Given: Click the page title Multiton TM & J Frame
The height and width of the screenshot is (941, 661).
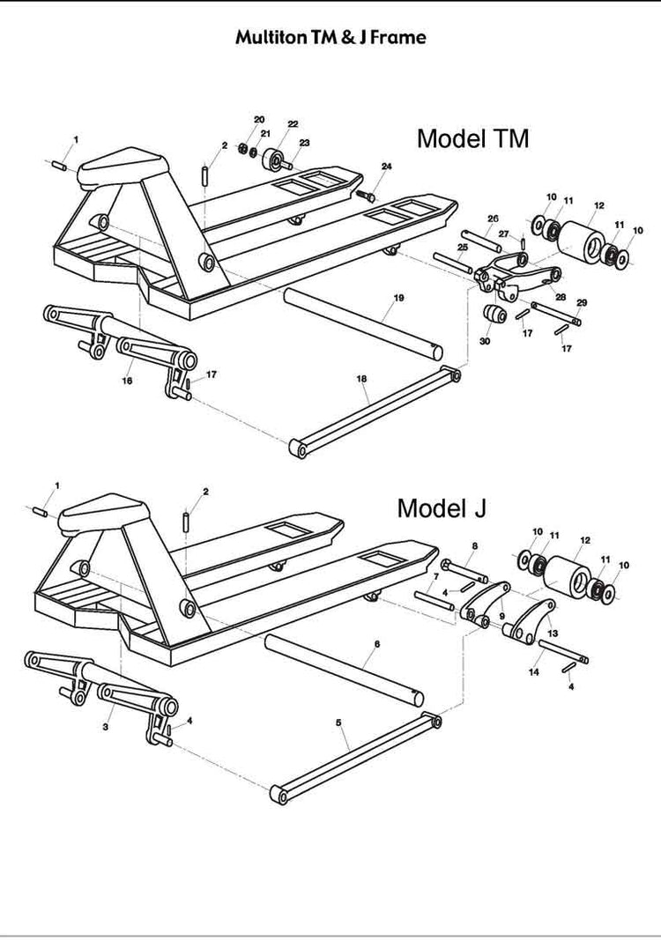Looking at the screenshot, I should pos(330,38).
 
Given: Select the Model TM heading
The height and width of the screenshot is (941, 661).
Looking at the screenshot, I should pos(472,138).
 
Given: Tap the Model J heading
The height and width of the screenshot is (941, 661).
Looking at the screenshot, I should pos(442,508).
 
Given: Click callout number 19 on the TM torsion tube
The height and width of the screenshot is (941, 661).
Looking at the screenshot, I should pos(398,300).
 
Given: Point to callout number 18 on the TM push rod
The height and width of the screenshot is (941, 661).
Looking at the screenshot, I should pos(361,379).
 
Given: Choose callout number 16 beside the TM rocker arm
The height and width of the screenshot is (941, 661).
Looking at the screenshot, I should pos(127,381).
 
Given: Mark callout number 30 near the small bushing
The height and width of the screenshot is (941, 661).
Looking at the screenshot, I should pos(485,341).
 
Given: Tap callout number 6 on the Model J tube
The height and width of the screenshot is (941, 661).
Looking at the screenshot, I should pos(376,644).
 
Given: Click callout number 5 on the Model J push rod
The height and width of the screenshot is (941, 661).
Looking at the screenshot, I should pos(338,722).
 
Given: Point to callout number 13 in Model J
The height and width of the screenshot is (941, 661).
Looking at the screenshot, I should pos(553,633).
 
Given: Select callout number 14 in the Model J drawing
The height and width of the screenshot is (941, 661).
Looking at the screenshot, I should pos(533,672).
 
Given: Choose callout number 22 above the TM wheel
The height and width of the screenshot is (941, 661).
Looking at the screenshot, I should pos(293,124).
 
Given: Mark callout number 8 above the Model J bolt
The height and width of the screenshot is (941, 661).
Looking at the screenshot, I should pos(474,546).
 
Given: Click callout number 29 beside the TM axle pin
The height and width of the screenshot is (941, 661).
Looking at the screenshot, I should pos(581,303).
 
